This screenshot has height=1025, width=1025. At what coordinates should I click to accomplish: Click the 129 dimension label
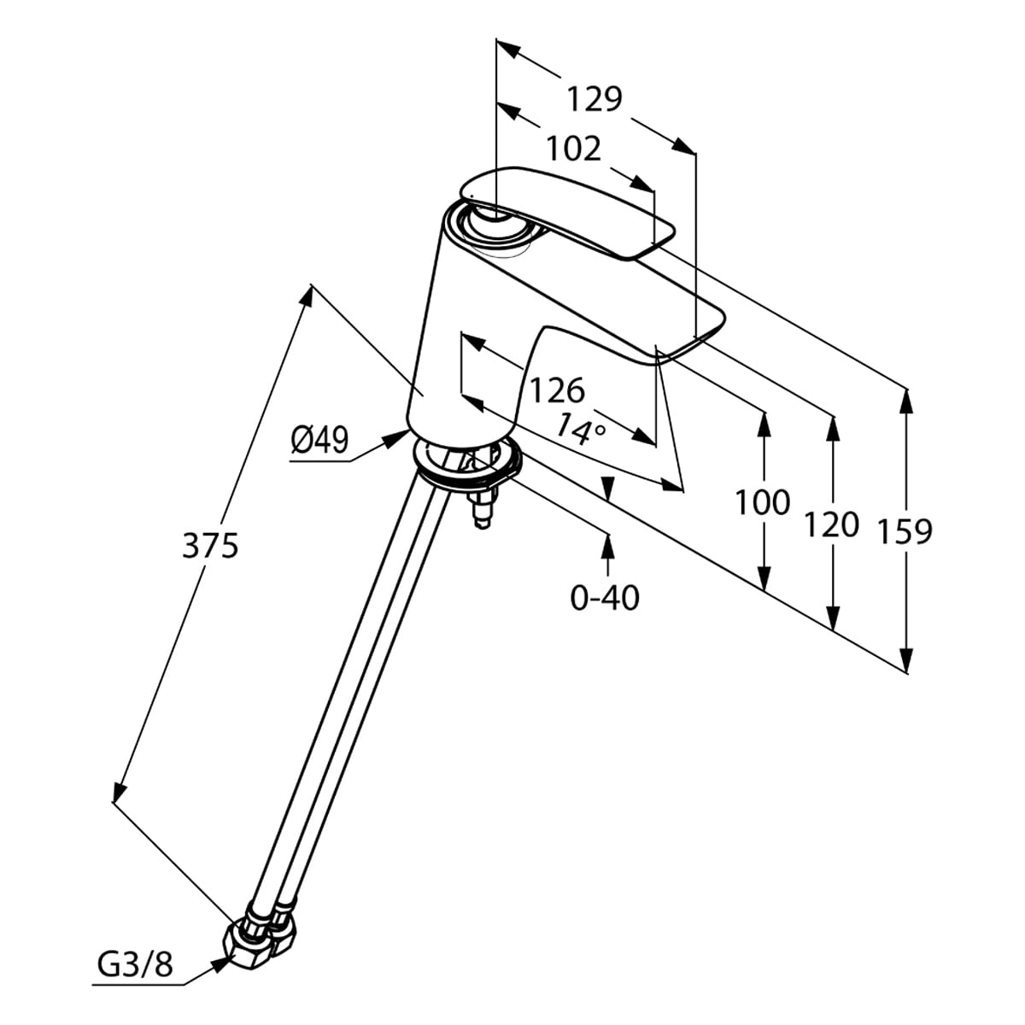pos(595,99)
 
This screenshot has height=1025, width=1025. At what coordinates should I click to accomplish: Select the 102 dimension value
pos(573,149)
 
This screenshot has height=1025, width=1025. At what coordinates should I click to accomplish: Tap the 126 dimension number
pos(557,390)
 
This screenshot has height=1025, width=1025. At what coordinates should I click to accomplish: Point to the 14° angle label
pos(580,426)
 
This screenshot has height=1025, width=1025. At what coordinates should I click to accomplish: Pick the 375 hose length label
pos(210,544)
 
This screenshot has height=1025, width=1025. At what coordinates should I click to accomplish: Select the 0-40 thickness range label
pos(605,598)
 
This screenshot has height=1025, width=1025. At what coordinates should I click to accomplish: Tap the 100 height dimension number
pos(763,502)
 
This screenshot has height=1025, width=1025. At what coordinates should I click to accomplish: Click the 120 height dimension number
pos(830,524)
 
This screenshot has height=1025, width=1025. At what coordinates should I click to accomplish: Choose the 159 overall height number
pos(905,531)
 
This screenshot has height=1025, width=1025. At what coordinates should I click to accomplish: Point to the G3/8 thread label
pos(135,964)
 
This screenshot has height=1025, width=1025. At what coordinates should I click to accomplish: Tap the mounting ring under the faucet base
pos(466,466)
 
